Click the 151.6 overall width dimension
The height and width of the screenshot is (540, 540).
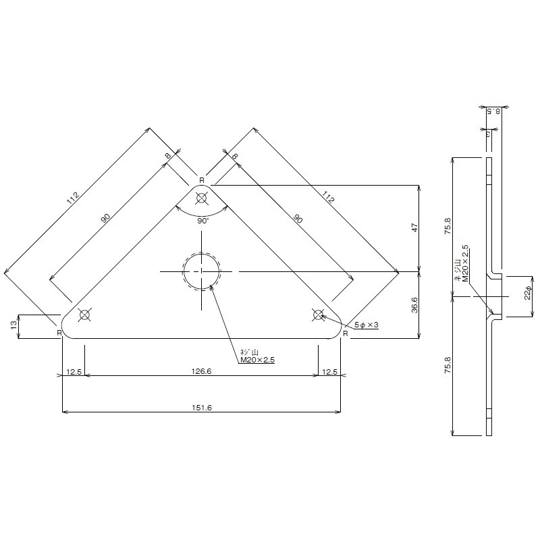(x=202, y=408)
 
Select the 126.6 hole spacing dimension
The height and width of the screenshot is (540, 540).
(x=201, y=371)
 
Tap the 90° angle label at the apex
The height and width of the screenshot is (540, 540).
(x=203, y=221)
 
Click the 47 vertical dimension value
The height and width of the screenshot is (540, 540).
(x=414, y=227)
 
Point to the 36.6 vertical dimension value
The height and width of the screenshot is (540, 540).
(x=414, y=305)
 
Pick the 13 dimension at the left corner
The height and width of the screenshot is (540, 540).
(x=13, y=325)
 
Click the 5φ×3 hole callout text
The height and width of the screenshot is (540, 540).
(x=367, y=325)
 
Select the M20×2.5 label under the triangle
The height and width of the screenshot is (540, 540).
(x=258, y=360)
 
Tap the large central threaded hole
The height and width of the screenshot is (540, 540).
(x=201, y=272)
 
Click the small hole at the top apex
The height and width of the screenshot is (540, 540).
(x=201, y=198)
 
